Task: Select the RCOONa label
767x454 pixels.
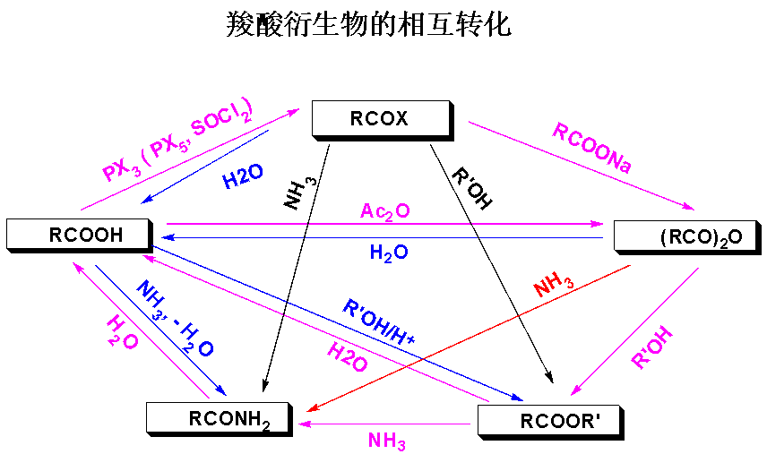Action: (591, 149)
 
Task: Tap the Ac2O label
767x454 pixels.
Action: (385, 211)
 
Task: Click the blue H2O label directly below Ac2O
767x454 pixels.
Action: (389, 253)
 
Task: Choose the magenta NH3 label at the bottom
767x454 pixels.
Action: (387, 441)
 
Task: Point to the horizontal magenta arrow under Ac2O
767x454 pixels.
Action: (385, 224)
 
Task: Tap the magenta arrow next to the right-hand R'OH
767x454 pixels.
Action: (634, 331)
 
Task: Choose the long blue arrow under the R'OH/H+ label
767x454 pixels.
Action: (337, 323)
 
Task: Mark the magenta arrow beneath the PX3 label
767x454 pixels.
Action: (189, 160)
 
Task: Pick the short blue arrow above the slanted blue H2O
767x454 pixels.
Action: (205, 167)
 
